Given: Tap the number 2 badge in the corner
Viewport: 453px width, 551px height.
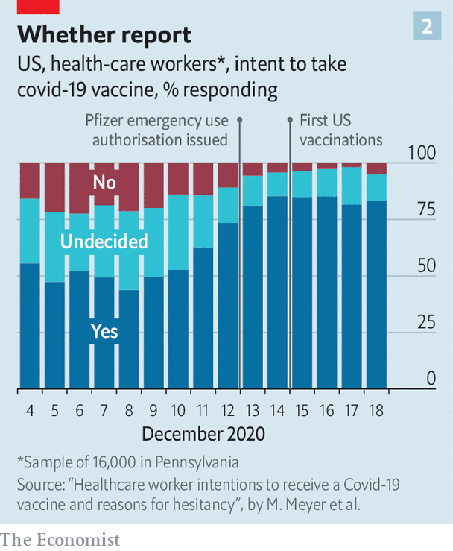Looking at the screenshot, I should coord(427,27).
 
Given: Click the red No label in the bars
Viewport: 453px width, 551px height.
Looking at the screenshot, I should coord(104,181).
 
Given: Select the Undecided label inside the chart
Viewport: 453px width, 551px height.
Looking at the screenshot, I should coord(104,241).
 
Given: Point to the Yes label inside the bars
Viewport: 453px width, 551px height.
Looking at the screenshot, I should coord(104,330).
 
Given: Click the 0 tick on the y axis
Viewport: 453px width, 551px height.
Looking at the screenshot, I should coord(431,380).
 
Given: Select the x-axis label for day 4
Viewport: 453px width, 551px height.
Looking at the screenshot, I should coord(30,410).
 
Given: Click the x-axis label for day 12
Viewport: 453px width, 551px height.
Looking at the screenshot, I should coord(227,410).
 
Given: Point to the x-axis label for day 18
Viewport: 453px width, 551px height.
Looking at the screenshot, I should coord(376,410).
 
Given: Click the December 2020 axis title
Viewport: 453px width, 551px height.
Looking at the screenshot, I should coord(203,434).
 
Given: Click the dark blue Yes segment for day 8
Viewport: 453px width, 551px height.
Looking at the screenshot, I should coord(129,339).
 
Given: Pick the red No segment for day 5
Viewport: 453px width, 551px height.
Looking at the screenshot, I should coord(54,187).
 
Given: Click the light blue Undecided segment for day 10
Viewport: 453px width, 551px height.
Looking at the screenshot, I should coord(178,232).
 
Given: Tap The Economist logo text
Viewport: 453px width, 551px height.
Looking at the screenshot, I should coord(60,538).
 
